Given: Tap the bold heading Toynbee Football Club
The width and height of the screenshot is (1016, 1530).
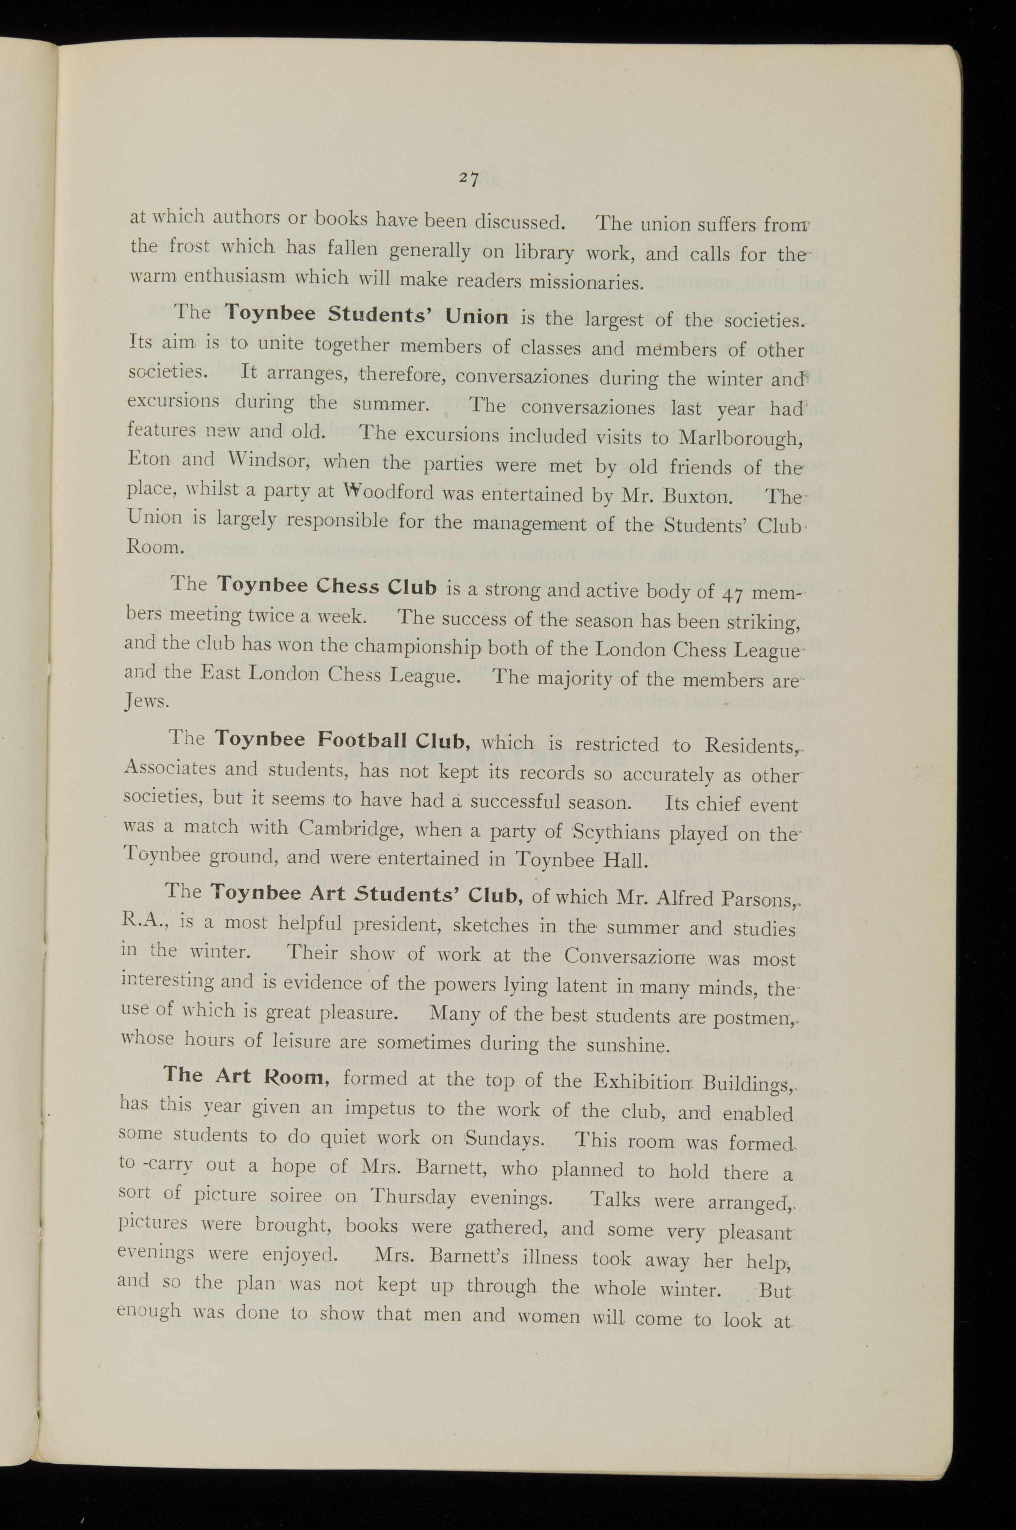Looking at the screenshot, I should click(342, 740).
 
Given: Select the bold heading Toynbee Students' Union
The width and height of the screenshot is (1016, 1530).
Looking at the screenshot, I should click(367, 315).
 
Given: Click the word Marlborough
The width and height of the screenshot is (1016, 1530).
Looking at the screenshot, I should click(740, 438).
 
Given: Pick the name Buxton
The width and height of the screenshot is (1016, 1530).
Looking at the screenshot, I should click(700, 496).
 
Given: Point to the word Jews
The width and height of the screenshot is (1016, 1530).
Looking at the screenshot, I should click(146, 702).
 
